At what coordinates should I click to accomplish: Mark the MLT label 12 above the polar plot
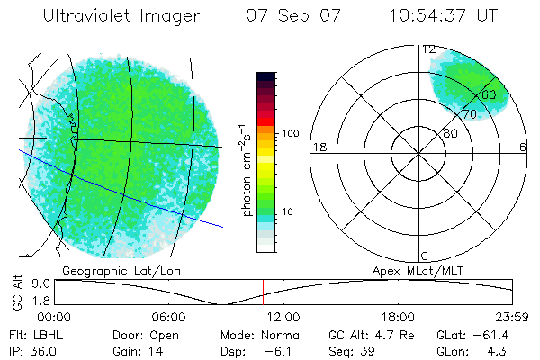[x=428, y=49]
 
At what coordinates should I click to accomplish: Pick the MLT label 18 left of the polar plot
[x=318, y=147]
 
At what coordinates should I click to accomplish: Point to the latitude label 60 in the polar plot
[x=489, y=94]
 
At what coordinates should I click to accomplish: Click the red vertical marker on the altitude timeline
[x=263, y=292]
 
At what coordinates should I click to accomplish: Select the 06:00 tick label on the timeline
[x=169, y=318]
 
